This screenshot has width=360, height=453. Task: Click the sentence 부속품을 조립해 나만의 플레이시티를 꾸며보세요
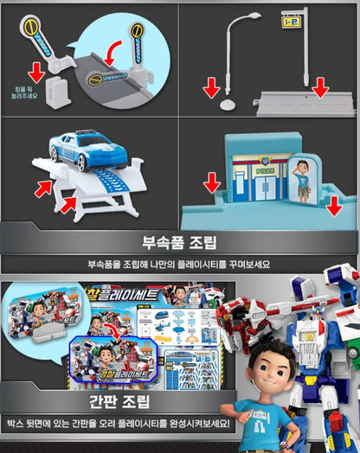pyautogui.click(x=179, y=263)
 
